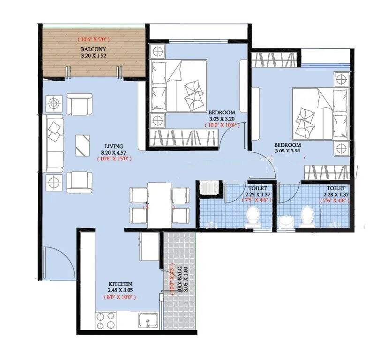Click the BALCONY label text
click(92, 49)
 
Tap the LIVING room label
click(114, 146)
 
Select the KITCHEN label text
click(120, 284)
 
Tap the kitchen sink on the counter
click(149, 322)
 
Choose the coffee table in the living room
click(83, 145)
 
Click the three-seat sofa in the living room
click(55, 142)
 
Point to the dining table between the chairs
click(159, 204)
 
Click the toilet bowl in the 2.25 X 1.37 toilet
click(253, 218)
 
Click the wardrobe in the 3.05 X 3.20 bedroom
click(183, 139)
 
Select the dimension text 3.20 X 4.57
click(114, 152)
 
